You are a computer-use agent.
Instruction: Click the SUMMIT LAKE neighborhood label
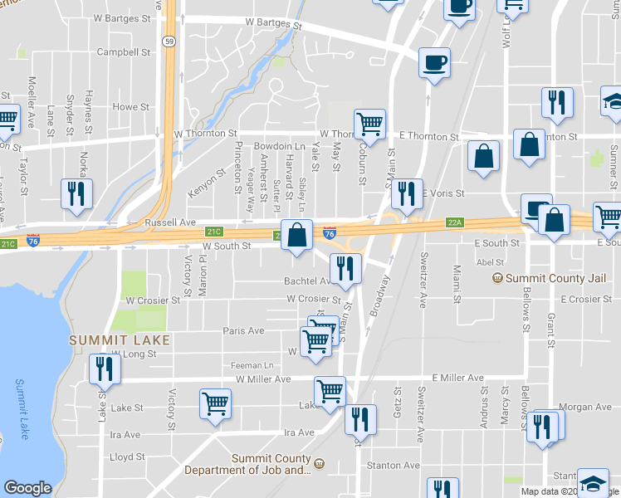pos(120,340)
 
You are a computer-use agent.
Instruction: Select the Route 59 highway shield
pos(169,41)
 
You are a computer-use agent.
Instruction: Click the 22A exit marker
pos(453,222)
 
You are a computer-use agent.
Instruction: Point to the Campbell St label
pos(124,51)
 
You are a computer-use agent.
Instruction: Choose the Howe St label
pos(130,107)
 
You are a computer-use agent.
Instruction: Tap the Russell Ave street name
pos(169,223)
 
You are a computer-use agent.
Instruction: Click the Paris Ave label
pos(243,330)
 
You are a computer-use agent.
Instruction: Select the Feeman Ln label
pos(252,365)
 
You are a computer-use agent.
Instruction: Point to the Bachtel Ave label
pos(308,281)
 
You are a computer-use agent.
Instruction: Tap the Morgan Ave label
pos(585,407)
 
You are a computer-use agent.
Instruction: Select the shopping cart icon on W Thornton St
pos(369,124)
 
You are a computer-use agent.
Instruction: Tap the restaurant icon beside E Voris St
pos(406,194)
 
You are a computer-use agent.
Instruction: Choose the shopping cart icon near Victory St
pos(215,404)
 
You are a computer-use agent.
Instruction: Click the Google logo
pos(27,488)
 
